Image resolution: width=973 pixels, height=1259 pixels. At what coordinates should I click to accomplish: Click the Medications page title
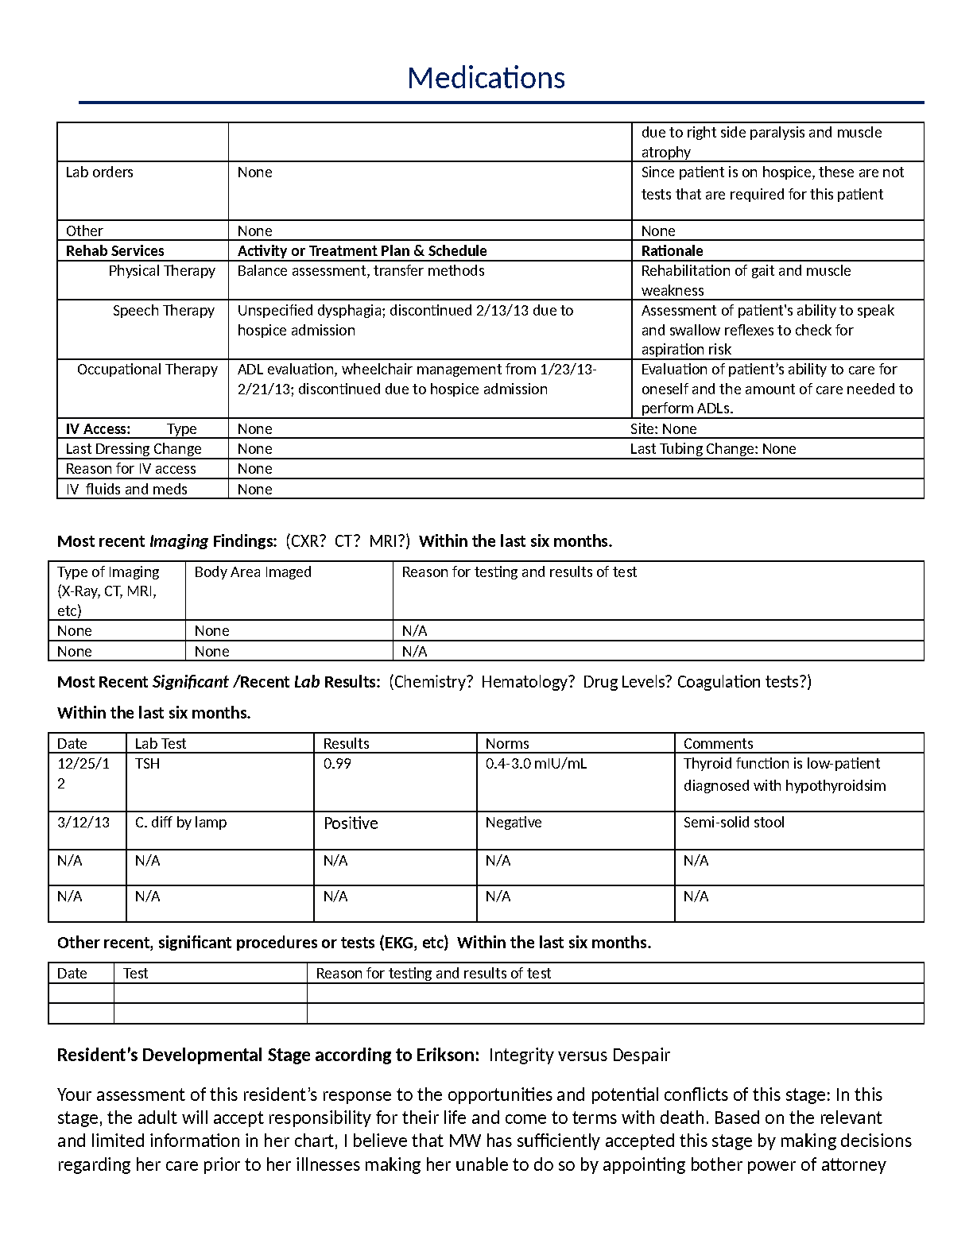click(x=486, y=78)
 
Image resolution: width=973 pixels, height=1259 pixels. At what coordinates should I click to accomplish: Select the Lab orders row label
click(x=99, y=172)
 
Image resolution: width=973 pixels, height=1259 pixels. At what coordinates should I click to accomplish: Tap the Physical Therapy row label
click(x=161, y=271)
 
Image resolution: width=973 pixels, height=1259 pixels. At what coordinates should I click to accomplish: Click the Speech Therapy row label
click(x=163, y=311)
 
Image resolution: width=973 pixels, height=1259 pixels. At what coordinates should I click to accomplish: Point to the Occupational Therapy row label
click(x=147, y=370)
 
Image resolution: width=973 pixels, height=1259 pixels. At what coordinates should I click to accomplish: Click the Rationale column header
click(x=672, y=251)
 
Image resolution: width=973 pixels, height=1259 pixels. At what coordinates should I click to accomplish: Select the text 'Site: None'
click(x=663, y=429)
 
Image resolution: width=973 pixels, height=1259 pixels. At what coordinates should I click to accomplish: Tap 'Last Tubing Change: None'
click(x=712, y=449)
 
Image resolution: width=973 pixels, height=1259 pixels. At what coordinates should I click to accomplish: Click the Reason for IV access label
click(x=130, y=469)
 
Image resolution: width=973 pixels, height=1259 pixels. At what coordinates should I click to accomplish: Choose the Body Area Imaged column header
click(x=253, y=572)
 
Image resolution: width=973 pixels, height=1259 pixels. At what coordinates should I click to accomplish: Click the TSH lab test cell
click(x=147, y=764)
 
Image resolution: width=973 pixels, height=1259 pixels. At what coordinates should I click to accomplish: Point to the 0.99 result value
click(x=337, y=764)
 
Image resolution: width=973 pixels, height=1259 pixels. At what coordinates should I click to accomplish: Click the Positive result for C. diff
click(x=351, y=823)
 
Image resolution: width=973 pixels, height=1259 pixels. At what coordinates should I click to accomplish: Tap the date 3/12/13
click(x=83, y=823)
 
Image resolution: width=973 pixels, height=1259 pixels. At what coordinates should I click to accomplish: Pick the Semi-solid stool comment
click(x=734, y=823)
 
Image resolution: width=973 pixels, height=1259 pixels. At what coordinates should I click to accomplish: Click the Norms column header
click(x=507, y=744)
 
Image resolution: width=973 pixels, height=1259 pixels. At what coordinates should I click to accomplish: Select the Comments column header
click(x=718, y=744)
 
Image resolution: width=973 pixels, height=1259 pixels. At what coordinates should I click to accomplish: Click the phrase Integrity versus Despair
click(x=580, y=1056)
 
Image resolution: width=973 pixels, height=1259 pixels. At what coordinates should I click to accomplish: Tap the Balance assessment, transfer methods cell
click(x=361, y=271)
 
